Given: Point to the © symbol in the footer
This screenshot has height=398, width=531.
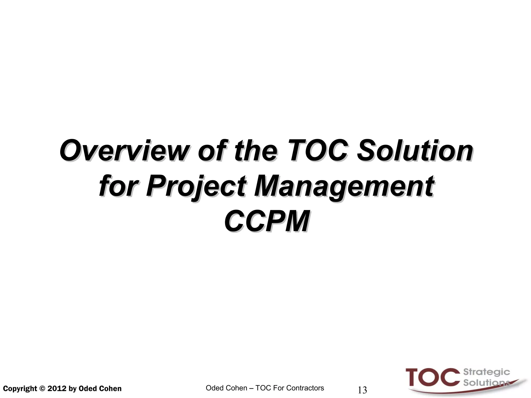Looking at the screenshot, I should coord(42,389).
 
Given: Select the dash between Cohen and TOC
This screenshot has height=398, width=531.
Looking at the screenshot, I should coord(251,388).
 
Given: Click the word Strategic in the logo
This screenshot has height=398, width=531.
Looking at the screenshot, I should coord(486,372).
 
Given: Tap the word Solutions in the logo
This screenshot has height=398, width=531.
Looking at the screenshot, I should coord(486,383).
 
